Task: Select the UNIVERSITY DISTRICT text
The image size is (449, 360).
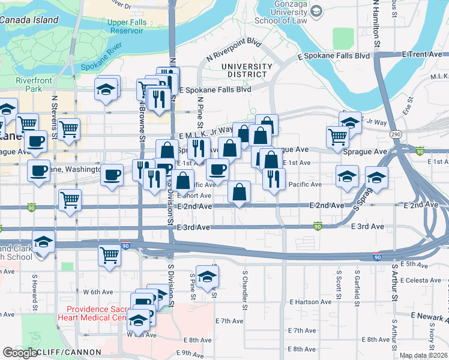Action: tap(243, 70)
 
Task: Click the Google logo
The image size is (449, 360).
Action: tap(20, 353)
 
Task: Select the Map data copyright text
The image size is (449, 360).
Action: tap(423, 355)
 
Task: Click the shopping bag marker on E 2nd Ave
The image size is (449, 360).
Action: tap(239, 193)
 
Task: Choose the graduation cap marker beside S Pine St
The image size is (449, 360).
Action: tap(207, 277)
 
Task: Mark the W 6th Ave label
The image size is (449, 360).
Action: tap(98, 292)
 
